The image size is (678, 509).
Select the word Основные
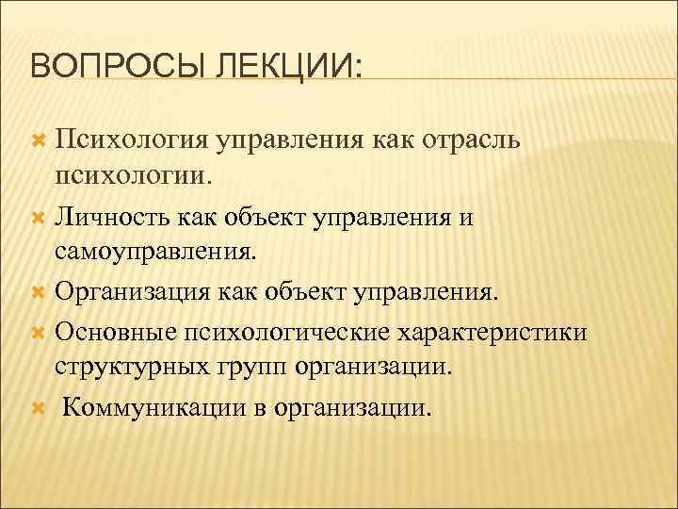pyautogui.click(x=112, y=332)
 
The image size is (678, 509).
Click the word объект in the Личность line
pyautogui.click(x=263, y=217)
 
